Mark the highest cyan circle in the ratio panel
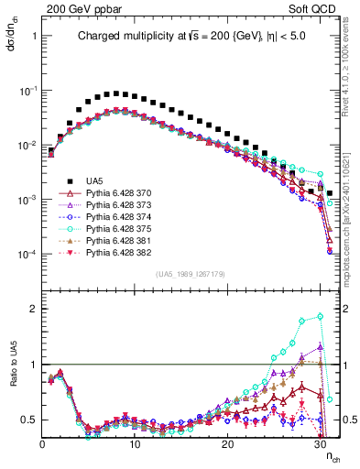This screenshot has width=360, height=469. [320, 316]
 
